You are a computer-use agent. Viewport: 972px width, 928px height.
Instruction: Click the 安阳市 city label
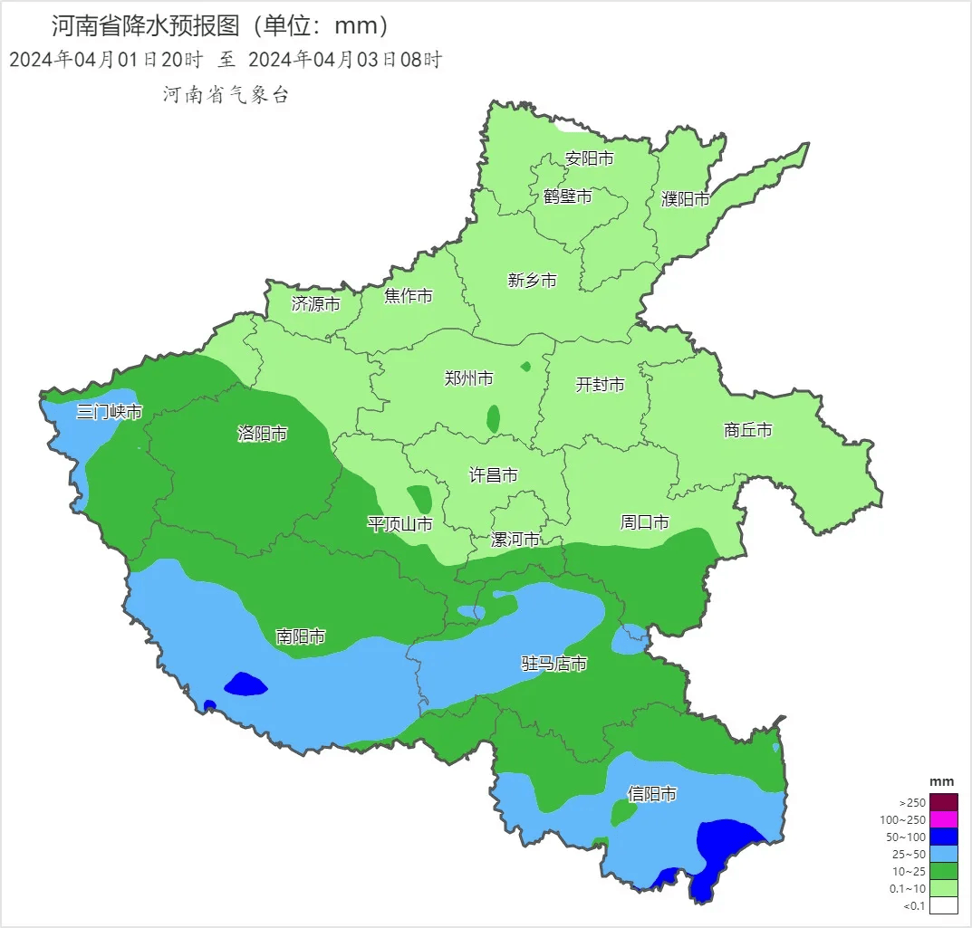(589, 158)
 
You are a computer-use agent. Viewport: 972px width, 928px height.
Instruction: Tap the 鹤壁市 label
(568, 196)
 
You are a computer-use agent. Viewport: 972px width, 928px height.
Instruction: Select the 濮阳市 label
(686, 199)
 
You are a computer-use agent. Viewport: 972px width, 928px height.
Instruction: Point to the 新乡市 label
(532, 281)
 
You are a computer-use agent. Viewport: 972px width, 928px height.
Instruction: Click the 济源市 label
(315, 304)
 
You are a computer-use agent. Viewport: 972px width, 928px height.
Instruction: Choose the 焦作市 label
(408, 296)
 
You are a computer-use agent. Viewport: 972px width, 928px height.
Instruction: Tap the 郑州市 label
(468, 378)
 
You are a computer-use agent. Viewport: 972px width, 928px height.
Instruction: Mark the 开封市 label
(600, 385)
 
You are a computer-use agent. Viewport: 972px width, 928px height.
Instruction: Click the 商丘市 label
(748, 430)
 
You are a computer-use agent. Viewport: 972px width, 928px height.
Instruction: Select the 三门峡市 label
(109, 412)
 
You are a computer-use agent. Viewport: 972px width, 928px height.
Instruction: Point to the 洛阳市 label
(262, 434)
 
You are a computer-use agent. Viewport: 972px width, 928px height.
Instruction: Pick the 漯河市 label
(515, 540)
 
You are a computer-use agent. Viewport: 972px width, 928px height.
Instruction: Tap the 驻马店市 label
(553, 664)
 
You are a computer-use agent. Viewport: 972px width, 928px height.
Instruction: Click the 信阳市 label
(652, 794)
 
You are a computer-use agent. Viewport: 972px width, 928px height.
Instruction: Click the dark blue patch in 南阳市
(245, 684)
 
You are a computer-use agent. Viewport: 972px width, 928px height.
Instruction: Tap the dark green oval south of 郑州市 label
(493, 418)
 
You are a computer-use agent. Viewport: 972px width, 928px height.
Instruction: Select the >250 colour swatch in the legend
(943, 802)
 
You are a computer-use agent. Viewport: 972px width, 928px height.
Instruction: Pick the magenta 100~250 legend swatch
(943, 819)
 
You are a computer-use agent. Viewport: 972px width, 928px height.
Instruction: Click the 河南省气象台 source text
(226, 95)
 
